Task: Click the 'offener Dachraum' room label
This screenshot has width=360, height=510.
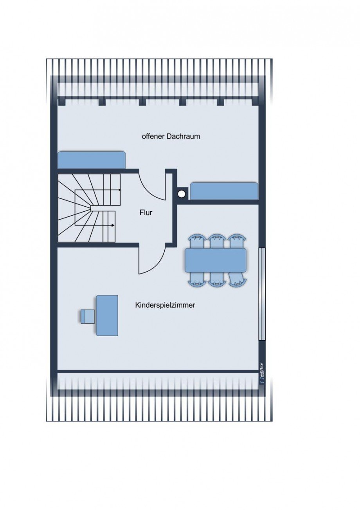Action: [171, 137]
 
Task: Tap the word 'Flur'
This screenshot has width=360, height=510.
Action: [146, 213]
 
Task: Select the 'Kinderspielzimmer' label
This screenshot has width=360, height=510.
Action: [165, 305]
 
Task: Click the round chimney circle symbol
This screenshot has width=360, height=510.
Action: [181, 194]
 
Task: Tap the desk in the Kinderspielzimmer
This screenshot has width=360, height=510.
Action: [107, 315]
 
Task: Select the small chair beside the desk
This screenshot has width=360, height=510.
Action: [88, 316]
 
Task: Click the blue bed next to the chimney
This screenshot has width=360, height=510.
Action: [224, 191]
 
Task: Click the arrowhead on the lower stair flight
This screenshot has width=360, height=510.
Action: [113, 225]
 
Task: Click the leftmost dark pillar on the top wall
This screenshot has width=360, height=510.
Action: [61, 101]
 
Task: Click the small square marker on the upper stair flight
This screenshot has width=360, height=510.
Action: [120, 189]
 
